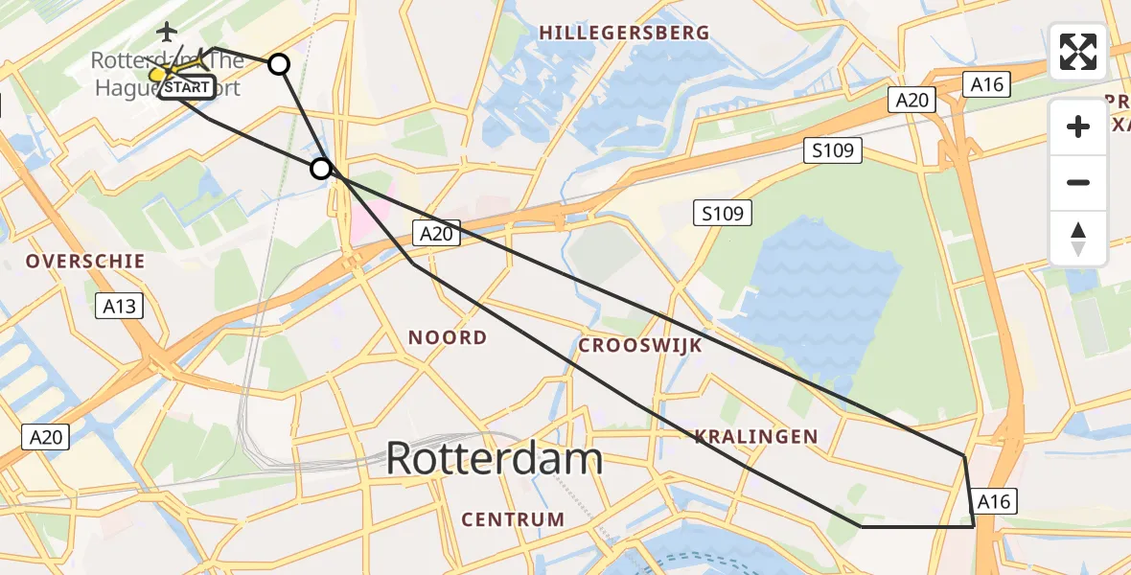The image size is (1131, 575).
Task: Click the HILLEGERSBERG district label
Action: point(624,33)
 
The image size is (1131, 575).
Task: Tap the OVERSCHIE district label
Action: point(85,261)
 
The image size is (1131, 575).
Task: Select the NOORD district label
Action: point(448,337)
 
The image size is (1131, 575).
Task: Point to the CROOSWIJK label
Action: point(640,345)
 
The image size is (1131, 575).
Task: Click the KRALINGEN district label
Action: point(757,437)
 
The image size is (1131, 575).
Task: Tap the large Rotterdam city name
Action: point(494,460)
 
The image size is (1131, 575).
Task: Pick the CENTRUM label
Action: point(513,519)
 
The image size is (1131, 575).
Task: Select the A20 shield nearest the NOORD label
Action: point(437,232)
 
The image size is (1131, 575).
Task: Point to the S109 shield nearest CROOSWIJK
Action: point(723,213)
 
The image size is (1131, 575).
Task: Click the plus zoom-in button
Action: point(1078,126)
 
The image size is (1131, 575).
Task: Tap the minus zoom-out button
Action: point(1078,182)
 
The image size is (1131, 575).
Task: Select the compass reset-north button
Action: point(1078,239)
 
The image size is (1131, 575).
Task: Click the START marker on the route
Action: point(186,88)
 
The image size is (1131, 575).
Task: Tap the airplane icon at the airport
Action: point(169,32)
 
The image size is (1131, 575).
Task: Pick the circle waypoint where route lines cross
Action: point(321,170)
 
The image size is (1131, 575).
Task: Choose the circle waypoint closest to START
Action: point(278,64)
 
